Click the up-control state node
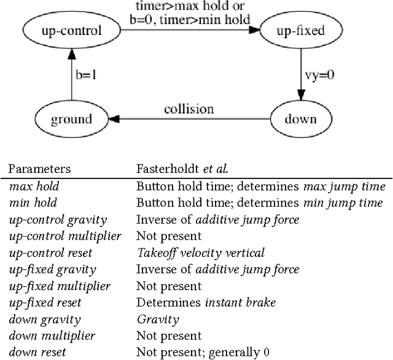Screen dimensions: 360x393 pyautogui.click(x=71, y=29)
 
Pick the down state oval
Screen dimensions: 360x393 pyautogui.click(x=300, y=120)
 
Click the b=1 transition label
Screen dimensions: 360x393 pyautogui.click(x=87, y=75)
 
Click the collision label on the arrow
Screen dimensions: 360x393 pyautogui.click(x=189, y=109)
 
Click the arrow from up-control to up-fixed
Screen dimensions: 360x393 pyautogui.click(x=184, y=29)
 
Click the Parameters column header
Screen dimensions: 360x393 pyautogui.click(x=39, y=169)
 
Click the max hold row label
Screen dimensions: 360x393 pyautogui.click(x=34, y=186)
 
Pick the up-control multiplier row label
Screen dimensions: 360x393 pyautogui.click(x=64, y=236)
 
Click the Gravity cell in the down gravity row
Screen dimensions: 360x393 pyautogui.click(x=158, y=319)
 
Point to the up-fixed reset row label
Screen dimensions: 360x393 pyautogui.click(x=45, y=302)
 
